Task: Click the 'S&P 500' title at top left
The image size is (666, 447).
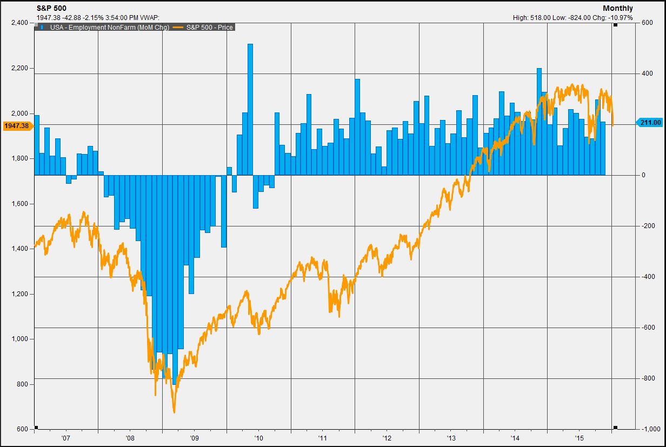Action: pyautogui.click(x=51, y=8)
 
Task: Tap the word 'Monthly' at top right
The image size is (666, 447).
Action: pyautogui.click(x=618, y=8)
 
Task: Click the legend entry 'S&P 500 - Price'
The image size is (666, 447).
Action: pyautogui.click(x=208, y=27)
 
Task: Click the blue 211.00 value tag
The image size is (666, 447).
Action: pyautogui.click(x=650, y=123)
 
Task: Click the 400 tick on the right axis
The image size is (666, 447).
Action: pyautogui.click(x=647, y=74)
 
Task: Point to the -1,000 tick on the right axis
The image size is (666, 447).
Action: pyautogui.click(x=649, y=429)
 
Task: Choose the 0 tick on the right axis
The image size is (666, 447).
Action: pyautogui.click(x=644, y=175)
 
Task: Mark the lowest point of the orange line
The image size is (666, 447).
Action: pyautogui.click(x=174, y=412)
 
